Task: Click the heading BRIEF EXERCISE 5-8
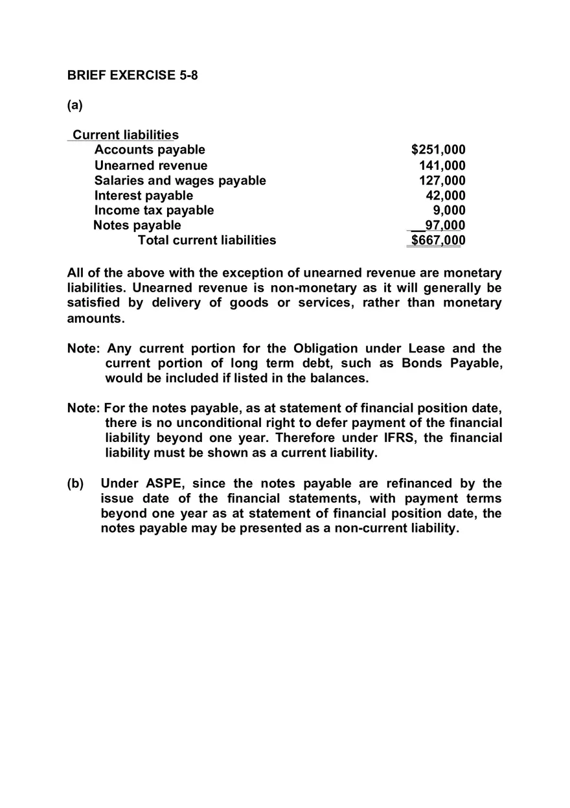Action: coord(132,75)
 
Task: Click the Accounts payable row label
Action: coord(150,150)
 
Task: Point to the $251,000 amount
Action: coord(439,150)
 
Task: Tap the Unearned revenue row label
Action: coord(151,165)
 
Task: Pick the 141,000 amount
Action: coord(442,165)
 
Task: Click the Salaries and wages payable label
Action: coord(180,180)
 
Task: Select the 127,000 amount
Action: coord(442,180)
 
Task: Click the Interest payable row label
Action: coord(144,195)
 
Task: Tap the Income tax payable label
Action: coord(154,210)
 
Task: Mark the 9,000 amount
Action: coord(450,210)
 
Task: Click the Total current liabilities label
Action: coord(207,240)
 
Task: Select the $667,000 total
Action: coord(439,240)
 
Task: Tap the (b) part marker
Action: coord(75,483)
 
